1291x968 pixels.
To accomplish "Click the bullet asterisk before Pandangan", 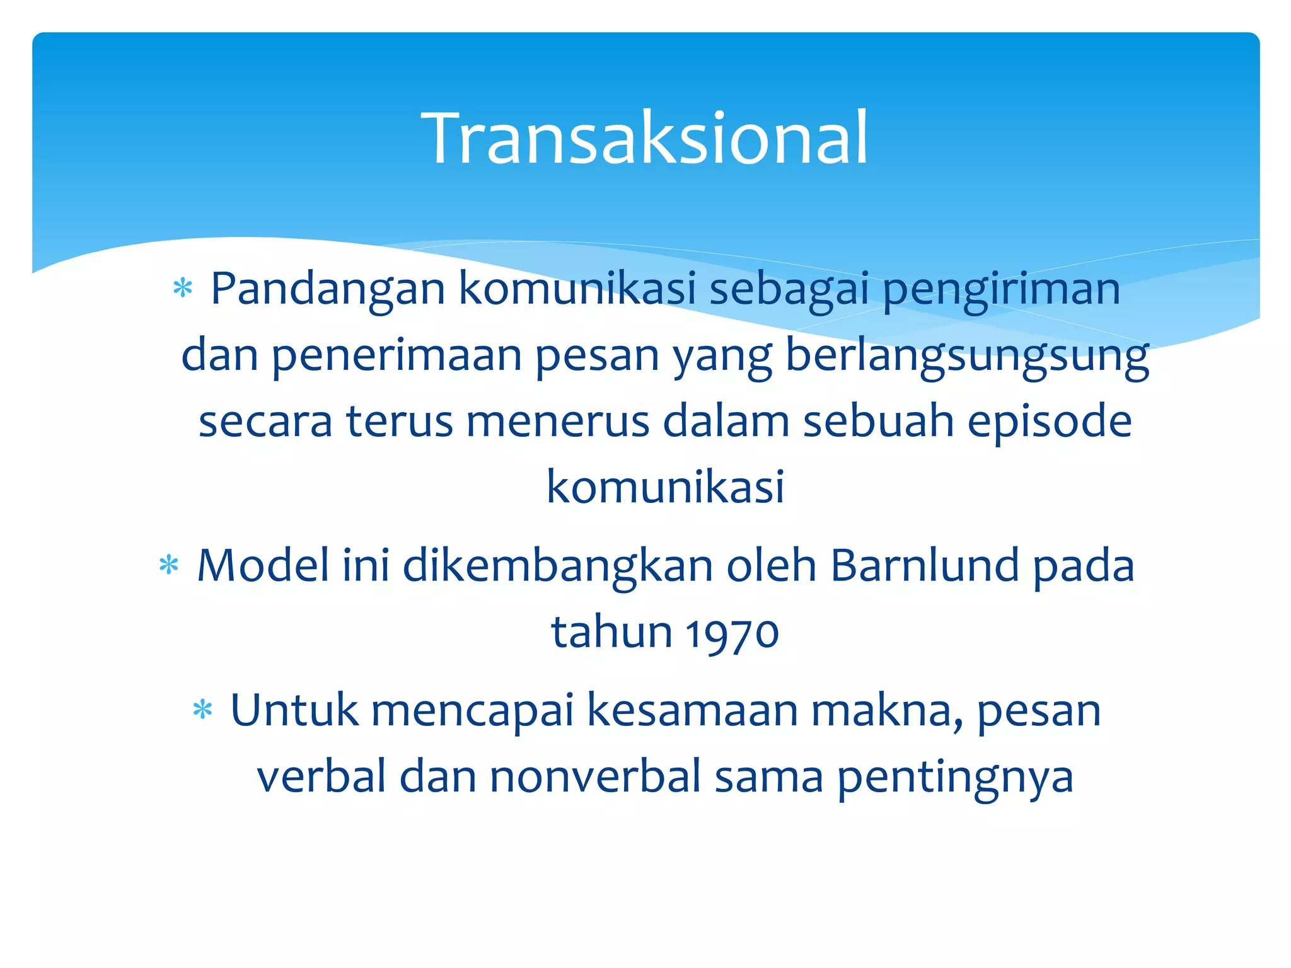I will tap(183, 289).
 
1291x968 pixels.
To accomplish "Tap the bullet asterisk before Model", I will tap(169, 565).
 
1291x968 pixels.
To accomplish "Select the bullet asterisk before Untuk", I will tap(202, 710).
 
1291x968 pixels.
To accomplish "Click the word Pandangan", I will tap(328, 290).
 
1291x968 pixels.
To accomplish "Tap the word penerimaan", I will tap(397, 357).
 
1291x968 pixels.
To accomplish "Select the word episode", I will tap(1050, 422).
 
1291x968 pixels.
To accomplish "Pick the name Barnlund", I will tap(925, 565).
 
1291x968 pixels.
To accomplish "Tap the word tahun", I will tap(612, 632).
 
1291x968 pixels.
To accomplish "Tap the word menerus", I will tap(558, 422).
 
